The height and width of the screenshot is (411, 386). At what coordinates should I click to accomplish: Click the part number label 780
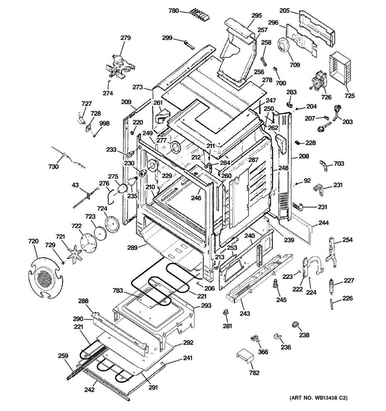[174, 11]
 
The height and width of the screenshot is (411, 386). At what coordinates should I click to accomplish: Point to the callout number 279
[125, 38]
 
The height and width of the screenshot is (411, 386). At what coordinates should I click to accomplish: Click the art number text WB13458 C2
[319, 398]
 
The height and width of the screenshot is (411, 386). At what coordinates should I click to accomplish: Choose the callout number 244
[324, 223]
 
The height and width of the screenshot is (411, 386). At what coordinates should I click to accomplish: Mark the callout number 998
[104, 123]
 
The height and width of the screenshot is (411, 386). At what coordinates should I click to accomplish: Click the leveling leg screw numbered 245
[274, 284]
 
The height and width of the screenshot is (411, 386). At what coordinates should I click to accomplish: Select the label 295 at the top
[256, 15]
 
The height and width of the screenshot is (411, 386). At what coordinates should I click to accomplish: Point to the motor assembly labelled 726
[318, 82]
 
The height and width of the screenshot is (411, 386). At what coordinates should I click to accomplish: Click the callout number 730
[54, 167]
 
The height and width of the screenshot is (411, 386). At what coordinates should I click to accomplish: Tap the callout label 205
[284, 10]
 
